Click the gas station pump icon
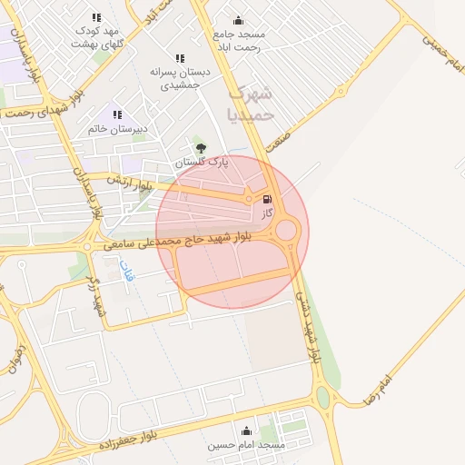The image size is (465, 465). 266,200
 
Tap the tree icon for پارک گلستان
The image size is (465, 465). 201,148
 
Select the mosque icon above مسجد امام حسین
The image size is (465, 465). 246,431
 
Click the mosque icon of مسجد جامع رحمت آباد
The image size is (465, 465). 238,21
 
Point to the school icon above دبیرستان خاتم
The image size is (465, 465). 117,114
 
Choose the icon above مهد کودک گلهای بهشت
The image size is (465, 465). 97,17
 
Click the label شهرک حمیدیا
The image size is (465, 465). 250,103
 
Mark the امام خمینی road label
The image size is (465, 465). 442,47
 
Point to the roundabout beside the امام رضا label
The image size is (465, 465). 322,396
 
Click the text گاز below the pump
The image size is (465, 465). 267,213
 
